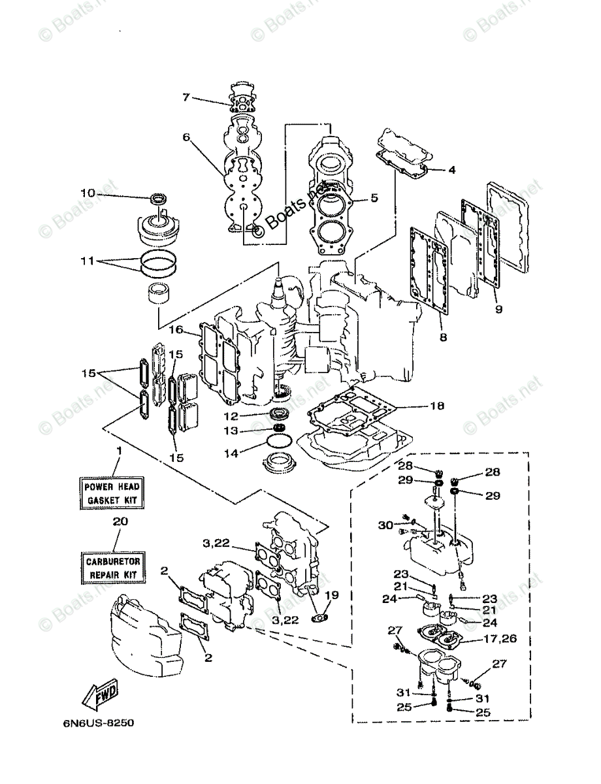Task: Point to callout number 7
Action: pos(186,97)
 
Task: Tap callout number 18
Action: pos(437,406)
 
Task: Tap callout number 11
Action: pos(88,261)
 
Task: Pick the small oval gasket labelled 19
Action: pos(319,615)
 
